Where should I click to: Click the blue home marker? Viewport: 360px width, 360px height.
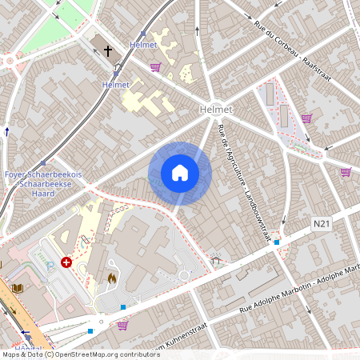[180, 173]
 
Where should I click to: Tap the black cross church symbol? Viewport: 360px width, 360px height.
[108, 50]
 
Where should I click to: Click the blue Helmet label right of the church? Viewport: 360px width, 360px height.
[143, 46]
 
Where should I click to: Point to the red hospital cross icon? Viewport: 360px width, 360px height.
[66, 262]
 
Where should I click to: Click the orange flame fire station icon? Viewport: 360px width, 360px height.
[111, 278]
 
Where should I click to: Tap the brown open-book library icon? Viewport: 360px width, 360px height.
[18, 287]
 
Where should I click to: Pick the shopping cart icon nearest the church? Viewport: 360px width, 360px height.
[154, 67]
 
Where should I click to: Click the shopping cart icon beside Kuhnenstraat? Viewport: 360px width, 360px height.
[122, 325]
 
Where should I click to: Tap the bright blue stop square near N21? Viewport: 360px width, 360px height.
[277, 242]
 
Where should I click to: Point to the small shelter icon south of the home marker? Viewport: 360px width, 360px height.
[215, 260]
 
